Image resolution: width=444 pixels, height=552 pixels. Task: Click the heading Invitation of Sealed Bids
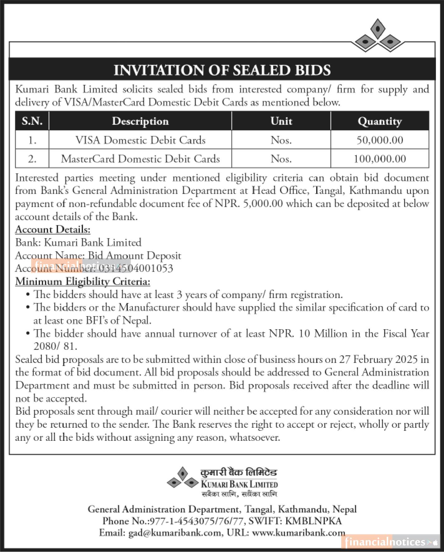coord(222,70)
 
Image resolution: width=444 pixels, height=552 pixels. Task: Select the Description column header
coord(140,121)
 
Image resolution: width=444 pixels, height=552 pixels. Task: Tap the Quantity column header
coord(380,121)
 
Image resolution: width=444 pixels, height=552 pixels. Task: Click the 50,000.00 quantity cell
coord(380,140)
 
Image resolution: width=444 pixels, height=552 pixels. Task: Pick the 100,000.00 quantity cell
coord(380,159)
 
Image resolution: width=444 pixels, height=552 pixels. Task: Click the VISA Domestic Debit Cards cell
coord(140,140)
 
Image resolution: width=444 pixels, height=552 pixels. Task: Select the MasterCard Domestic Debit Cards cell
coord(140,159)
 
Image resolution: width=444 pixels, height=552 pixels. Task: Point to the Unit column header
coord(281,121)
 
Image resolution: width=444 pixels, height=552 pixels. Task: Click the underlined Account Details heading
coord(53,230)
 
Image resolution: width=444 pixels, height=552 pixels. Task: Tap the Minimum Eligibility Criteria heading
coord(83,282)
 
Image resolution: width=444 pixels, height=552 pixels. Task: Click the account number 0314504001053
coord(137,269)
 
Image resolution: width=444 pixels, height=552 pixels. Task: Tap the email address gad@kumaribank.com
coord(174,533)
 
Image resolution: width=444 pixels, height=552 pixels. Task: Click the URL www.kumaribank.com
coord(298,533)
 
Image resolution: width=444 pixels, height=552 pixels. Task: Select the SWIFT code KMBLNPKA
coord(313,521)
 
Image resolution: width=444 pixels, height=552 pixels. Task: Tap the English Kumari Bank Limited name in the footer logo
coord(239,484)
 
